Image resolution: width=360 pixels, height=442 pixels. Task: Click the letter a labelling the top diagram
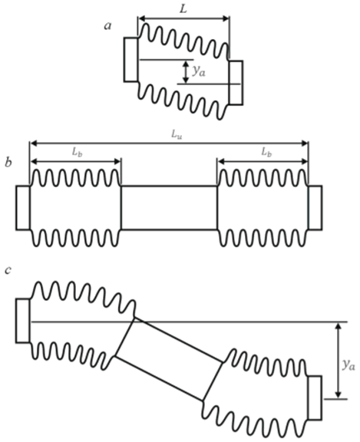pos(108,26)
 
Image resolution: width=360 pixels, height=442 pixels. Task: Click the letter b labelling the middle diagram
pos(8,163)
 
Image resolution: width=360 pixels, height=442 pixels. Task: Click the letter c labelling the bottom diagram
pos(8,270)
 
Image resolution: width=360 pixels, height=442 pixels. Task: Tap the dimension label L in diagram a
pos(183,9)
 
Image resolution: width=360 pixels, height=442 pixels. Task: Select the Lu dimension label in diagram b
pos(177,135)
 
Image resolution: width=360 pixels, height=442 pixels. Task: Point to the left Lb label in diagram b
pos(77,153)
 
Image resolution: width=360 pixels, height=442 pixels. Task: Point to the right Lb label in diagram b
pos(266,153)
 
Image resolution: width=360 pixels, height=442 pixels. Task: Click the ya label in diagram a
pos(199,71)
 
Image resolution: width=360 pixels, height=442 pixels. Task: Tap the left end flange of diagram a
pos(130,60)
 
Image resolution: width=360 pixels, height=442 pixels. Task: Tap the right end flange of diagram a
pos(236,83)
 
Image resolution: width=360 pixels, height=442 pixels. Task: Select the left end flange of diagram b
pos(23,208)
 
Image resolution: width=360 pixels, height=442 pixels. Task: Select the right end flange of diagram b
pos(315,208)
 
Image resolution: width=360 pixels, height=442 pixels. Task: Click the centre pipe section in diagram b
pos(169,208)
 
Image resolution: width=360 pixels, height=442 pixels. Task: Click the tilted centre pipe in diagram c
pos(169,359)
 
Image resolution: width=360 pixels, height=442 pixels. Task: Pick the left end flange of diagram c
pos(23,321)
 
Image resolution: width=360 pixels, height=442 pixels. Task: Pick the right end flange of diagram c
pos(315,397)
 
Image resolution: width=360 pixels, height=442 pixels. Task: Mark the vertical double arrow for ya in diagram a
pos(186,72)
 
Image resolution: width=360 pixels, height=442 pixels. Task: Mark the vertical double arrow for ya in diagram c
pos(339,360)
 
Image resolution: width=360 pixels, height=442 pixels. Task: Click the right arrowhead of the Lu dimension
pos(305,143)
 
